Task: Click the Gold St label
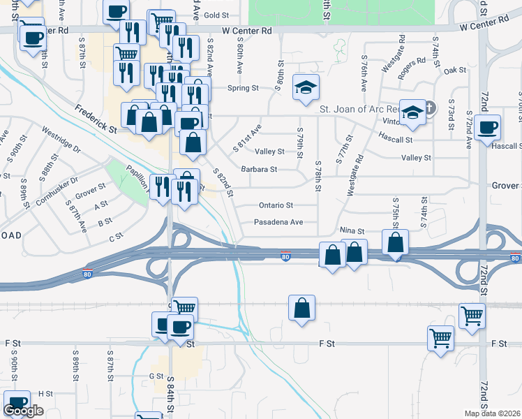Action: pyautogui.click(x=217, y=15)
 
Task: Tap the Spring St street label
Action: pyautogui.click(x=244, y=89)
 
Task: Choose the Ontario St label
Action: pyautogui.click(x=276, y=205)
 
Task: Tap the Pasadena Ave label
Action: pyautogui.click(x=278, y=222)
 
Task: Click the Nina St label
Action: pyautogui.click(x=352, y=230)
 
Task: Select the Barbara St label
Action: pyautogui.click(x=259, y=169)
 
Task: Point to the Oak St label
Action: pyautogui.click(x=454, y=70)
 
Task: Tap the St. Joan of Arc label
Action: pyautogui.click(x=358, y=110)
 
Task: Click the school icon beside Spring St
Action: pyautogui.click(x=306, y=88)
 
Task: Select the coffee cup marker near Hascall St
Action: pyautogui.click(x=489, y=128)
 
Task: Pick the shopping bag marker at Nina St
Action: pyautogui.click(x=395, y=244)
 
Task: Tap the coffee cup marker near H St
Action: pyautogui.click(x=17, y=404)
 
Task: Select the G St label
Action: pyautogui.click(x=156, y=376)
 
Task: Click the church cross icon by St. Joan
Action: pyautogui.click(x=429, y=108)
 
